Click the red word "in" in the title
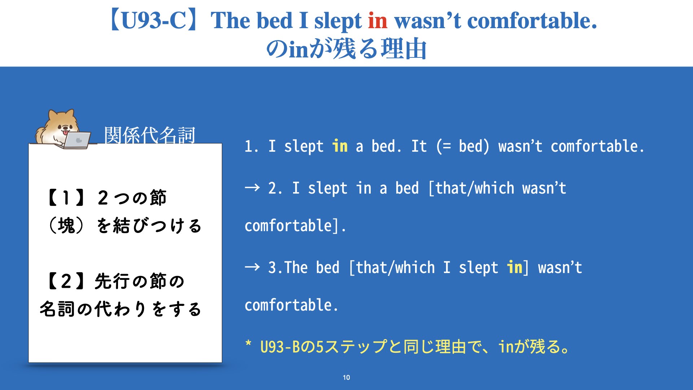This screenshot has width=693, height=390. (378, 21)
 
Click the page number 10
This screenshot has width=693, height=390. (346, 377)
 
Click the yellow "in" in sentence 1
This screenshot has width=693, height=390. (340, 146)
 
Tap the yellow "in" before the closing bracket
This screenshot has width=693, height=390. (515, 267)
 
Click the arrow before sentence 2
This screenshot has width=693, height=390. (252, 187)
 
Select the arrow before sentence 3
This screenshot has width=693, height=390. (252, 267)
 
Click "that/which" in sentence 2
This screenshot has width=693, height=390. (475, 188)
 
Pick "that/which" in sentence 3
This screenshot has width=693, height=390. (396, 268)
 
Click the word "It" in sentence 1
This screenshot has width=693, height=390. (419, 146)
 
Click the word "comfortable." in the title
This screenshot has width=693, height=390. (532, 21)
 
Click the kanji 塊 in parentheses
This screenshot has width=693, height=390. (66, 226)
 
